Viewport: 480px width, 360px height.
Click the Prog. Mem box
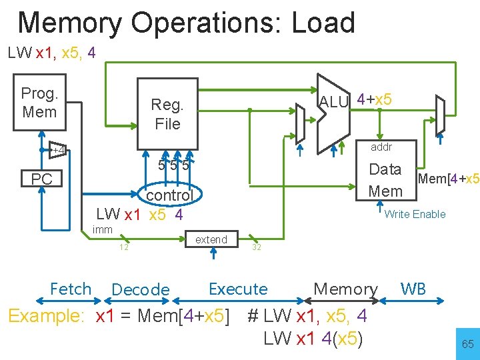click(39, 103)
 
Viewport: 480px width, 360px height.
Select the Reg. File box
click(167, 114)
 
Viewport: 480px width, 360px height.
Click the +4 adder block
click(58, 150)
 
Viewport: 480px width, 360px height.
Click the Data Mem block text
click(385, 180)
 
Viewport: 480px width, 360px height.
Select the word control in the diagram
click(169, 195)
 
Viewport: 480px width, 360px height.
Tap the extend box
click(211, 239)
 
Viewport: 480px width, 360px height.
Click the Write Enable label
click(415, 214)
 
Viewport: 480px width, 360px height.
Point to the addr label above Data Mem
click(381, 147)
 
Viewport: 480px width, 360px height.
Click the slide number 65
click(467, 345)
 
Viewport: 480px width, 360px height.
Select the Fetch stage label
click(71, 289)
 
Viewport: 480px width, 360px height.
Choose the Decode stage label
click(141, 290)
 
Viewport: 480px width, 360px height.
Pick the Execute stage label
click(238, 289)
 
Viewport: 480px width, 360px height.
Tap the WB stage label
click(413, 289)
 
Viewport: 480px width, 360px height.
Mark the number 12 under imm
click(123, 247)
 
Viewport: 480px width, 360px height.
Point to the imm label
click(103, 230)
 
